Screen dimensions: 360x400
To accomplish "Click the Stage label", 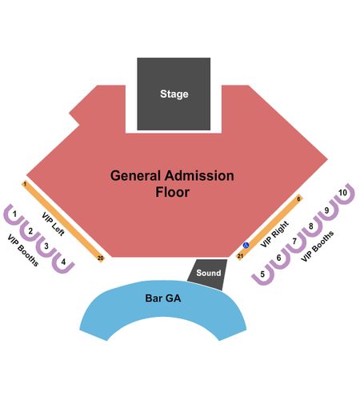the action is (174, 94).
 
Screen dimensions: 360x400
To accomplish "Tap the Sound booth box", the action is (208, 274).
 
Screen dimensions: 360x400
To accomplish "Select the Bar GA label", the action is (163, 298).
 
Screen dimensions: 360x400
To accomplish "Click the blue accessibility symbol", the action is (246, 245).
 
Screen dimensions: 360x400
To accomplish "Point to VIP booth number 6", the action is (279, 266).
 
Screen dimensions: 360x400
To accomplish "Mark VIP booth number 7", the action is (295, 250).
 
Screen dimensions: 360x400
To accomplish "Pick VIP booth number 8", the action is (311, 234).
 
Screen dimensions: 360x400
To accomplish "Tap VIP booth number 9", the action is (327, 218).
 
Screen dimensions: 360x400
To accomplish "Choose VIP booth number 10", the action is (344, 202).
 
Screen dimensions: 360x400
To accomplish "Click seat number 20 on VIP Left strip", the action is (100, 258).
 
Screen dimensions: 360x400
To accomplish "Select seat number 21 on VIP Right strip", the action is (240, 256).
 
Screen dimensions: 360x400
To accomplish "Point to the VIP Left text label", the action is (54, 224).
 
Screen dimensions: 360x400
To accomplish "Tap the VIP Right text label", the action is (274, 234).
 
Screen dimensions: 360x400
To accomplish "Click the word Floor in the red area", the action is (173, 192).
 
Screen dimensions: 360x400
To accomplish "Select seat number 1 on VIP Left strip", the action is (25, 184).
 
